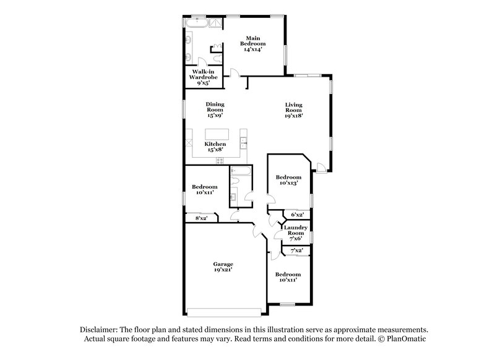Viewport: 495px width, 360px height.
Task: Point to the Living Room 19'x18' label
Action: [293, 110]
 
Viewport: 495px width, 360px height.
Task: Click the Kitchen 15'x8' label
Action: [215, 147]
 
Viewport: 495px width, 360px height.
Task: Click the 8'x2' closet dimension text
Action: [200, 218]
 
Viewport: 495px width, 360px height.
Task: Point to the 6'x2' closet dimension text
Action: [297, 215]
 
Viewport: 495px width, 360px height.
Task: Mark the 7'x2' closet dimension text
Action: [296, 250]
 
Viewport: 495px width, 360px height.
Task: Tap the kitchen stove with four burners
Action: [220, 161]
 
